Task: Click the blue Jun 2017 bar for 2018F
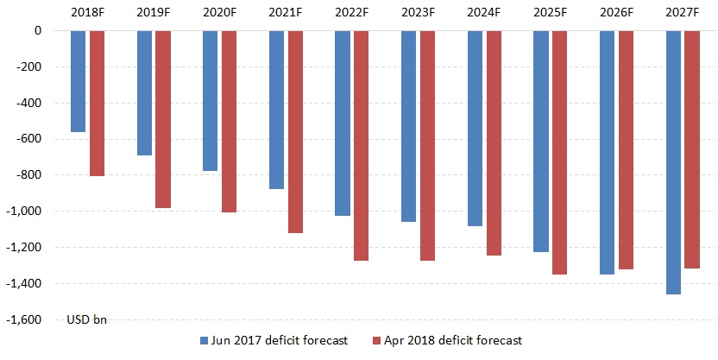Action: tap(79, 81)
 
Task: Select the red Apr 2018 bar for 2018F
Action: tap(98, 103)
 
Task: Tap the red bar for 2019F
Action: tap(163, 119)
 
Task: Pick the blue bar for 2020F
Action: tap(210, 100)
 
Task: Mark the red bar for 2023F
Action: tap(428, 145)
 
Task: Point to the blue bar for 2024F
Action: tap(475, 128)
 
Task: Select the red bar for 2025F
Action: tap(560, 152)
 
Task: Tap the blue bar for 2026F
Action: tap(607, 152)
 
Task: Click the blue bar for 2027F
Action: tap(673, 162)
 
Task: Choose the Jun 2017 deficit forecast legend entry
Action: tap(274, 341)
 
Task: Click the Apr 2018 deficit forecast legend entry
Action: tap(446, 341)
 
